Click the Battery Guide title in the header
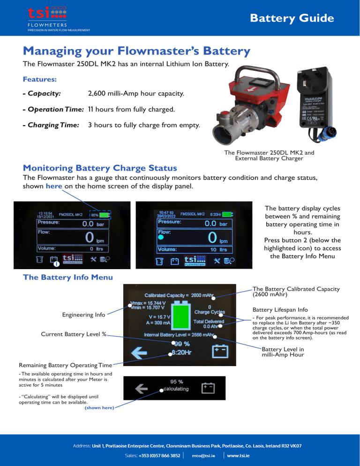tap(292, 18)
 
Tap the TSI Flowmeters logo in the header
tap(52, 19)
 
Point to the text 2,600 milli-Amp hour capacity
tap(136, 94)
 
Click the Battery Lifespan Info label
tap(280, 310)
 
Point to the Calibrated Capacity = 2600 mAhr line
tap(179, 295)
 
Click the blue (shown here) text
tap(98, 407)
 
